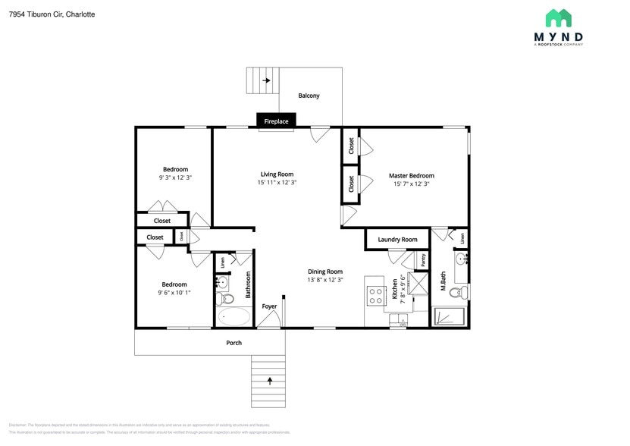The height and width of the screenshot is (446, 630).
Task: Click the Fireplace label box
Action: (x=276, y=121)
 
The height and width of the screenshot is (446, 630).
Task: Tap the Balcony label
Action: (x=309, y=96)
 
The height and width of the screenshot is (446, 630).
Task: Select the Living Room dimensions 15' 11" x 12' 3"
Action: (x=277, y=182)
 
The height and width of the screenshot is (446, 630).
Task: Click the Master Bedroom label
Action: (x=412, y=175)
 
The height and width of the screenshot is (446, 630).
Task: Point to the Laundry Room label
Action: (x=397, y=240)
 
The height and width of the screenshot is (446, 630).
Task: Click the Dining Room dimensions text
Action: (x=324, y=280)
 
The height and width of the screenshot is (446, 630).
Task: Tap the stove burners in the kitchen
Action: (x=375, y=295)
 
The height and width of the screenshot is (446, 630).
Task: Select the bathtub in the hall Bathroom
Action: (x=234, y=316)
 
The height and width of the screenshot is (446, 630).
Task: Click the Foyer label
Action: (x=269, y=306)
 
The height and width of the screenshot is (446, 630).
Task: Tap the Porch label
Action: (x=234, y=343)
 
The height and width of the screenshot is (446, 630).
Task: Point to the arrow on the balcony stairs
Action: (x=266, y=80)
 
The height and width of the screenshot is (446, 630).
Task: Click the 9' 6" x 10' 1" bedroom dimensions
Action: (x=174, y=293)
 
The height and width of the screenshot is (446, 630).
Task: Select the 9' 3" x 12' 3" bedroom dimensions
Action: (x=175, y=177)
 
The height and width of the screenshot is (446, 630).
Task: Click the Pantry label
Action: (x=423, y=260)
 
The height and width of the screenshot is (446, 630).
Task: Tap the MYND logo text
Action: (x=558, y=36)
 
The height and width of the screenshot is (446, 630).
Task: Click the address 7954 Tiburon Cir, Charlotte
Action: (x=52, y=14)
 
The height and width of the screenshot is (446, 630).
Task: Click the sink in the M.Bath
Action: (x=461, y=260)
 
